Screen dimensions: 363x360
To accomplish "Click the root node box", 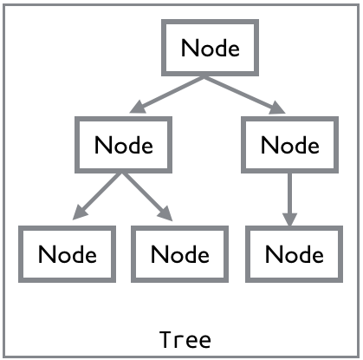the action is (210, 22).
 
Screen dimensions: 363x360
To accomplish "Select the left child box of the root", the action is (123, 119).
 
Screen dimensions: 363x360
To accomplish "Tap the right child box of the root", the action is (289, 119).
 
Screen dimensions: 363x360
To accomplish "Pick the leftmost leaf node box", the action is (67, 228).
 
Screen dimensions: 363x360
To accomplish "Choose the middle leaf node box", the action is (179, 228).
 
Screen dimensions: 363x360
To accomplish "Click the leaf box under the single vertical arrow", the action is (294, 228).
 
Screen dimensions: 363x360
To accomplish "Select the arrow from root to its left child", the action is (167, 95).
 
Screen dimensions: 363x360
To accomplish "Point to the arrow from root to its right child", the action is (245, 95).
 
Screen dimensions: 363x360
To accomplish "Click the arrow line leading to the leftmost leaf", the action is (97, 196).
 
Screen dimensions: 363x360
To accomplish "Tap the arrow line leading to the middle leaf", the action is (147, 197).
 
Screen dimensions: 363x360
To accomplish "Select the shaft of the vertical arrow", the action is (289, 193).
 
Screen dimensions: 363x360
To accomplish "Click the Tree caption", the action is (185, 339).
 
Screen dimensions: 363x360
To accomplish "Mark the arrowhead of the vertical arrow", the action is (289, 219).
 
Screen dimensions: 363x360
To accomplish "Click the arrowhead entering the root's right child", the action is (277, 108).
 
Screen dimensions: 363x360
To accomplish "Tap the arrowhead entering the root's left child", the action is (138, 108).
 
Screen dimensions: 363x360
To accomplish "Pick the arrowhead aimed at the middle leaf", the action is (165, 214).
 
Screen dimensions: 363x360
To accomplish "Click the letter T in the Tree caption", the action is (165, 339).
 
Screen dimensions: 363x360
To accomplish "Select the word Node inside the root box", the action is (211, 48).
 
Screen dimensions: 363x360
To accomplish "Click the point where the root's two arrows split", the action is (204, 76).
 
